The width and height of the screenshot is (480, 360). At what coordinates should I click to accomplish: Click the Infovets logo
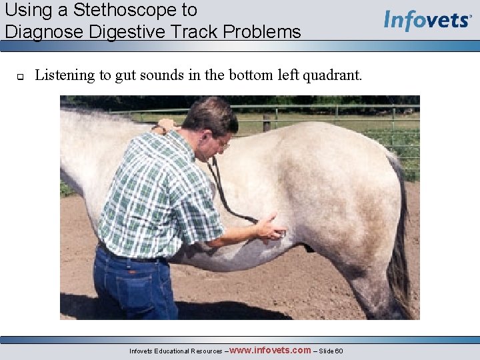pyautogui.click(x=427, y=20)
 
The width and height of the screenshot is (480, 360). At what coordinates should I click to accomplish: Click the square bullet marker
pyautogui.click(x=20, y=76)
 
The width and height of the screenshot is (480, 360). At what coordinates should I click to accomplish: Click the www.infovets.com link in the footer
pyautogui.click(x=269, y=350)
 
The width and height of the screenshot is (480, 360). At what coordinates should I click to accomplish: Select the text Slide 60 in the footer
pyautogui.click(x=331, y=351)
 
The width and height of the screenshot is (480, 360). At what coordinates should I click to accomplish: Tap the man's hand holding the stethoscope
pyautogui.click(x=271, y=228)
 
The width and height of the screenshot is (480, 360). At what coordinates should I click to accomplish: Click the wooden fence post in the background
pyautogui.click(x=267, y=123)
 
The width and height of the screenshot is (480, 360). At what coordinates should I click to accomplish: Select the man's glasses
pyautogui.click(x=223, y=142)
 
